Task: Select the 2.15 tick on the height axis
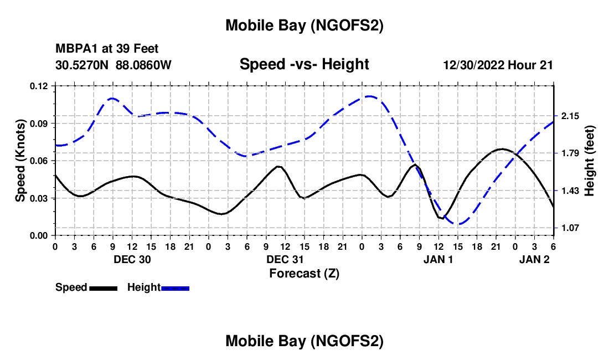tap(570, 116)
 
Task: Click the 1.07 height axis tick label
tap(570, 228)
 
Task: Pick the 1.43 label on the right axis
tap(570, 191)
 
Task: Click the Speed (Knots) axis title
tap(20, 161)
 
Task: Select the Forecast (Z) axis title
tap(304, 273)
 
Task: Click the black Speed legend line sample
tap(102, 288)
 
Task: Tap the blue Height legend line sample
tap(176, 288)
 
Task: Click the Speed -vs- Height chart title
tap(304, 64)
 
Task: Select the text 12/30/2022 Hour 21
tap(498, 65)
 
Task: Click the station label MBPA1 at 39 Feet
tap(107, 49)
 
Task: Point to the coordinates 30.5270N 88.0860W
tap(113, 65)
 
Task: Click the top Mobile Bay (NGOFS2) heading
tap(304, 25)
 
